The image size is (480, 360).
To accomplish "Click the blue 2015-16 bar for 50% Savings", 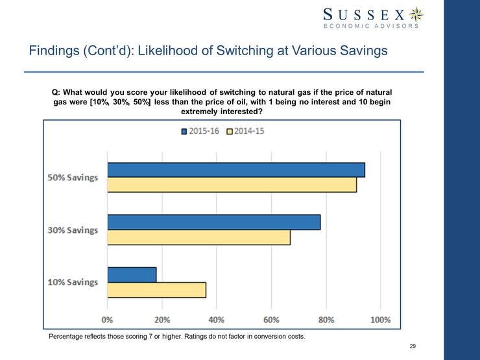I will [236, 170].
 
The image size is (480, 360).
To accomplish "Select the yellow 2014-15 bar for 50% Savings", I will [232, 185].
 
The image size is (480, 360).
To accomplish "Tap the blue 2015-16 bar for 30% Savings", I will [214, 222].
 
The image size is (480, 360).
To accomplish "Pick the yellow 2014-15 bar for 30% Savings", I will [199, 237].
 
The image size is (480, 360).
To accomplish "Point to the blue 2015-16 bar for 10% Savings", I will [132, 274].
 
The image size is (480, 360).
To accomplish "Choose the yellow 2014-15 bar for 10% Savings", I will [157, 289].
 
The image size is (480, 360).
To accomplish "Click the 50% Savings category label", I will [73, 178].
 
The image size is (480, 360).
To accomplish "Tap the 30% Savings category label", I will [73, 230].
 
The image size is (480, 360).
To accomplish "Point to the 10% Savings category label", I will [73, 282].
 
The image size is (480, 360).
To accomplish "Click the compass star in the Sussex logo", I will [418, 14].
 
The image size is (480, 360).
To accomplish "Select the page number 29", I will [413, 346].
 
